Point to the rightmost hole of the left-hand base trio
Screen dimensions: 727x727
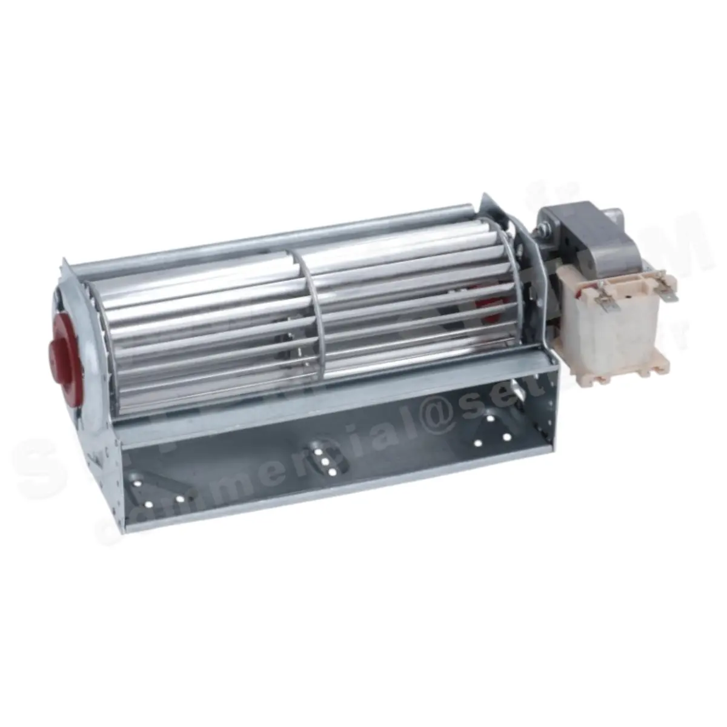(181, 500)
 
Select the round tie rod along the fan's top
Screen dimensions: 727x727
(273, 245)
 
